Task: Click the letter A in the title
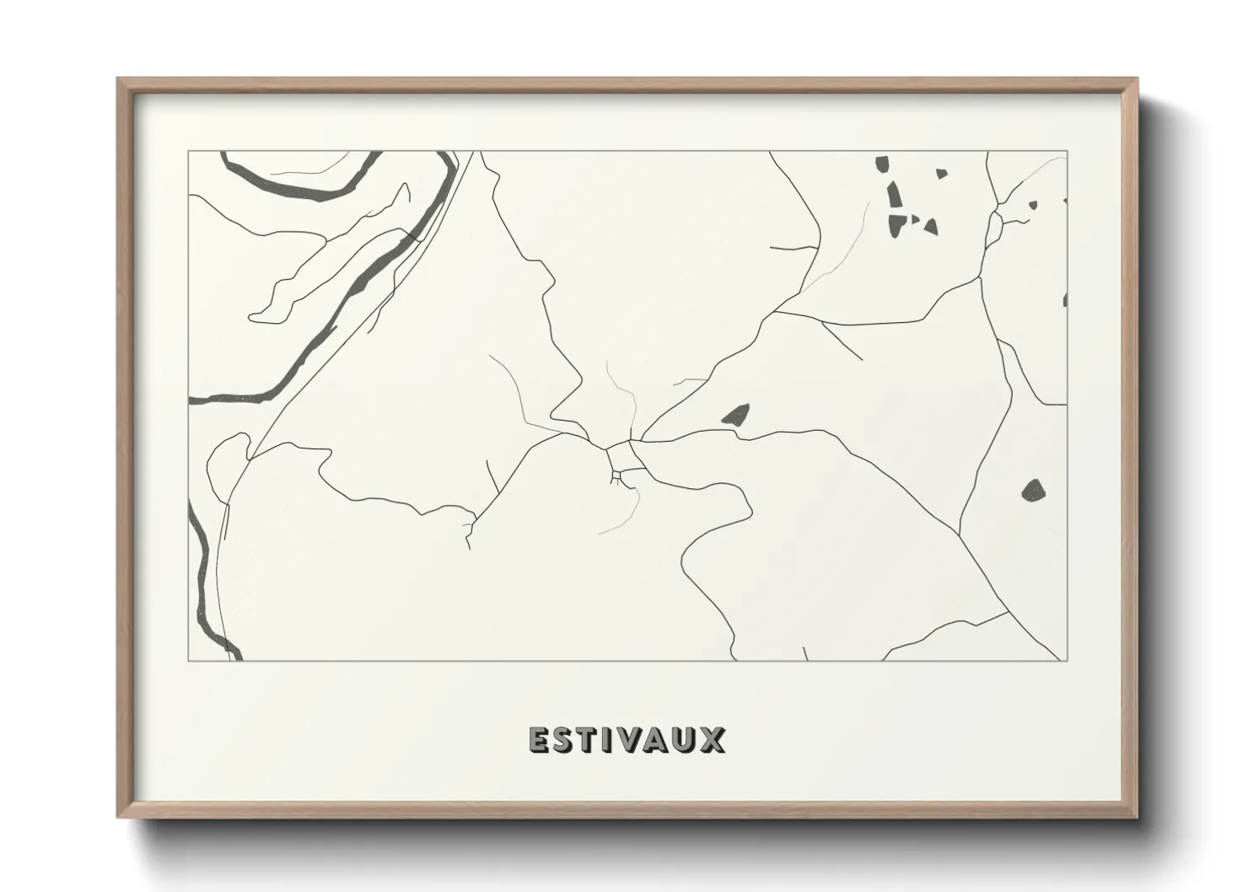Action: point(663,739)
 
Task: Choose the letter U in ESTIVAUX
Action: point(690,739)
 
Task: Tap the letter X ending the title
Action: point(714,739)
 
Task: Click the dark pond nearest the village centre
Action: point(735,415)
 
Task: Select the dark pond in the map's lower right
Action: point(1033,489)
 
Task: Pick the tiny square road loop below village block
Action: point(616,478)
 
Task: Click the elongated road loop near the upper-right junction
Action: point(994,225)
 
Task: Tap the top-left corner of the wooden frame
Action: point(119,79)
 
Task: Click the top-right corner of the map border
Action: point(1067,152)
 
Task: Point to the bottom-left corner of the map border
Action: point(189,660)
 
